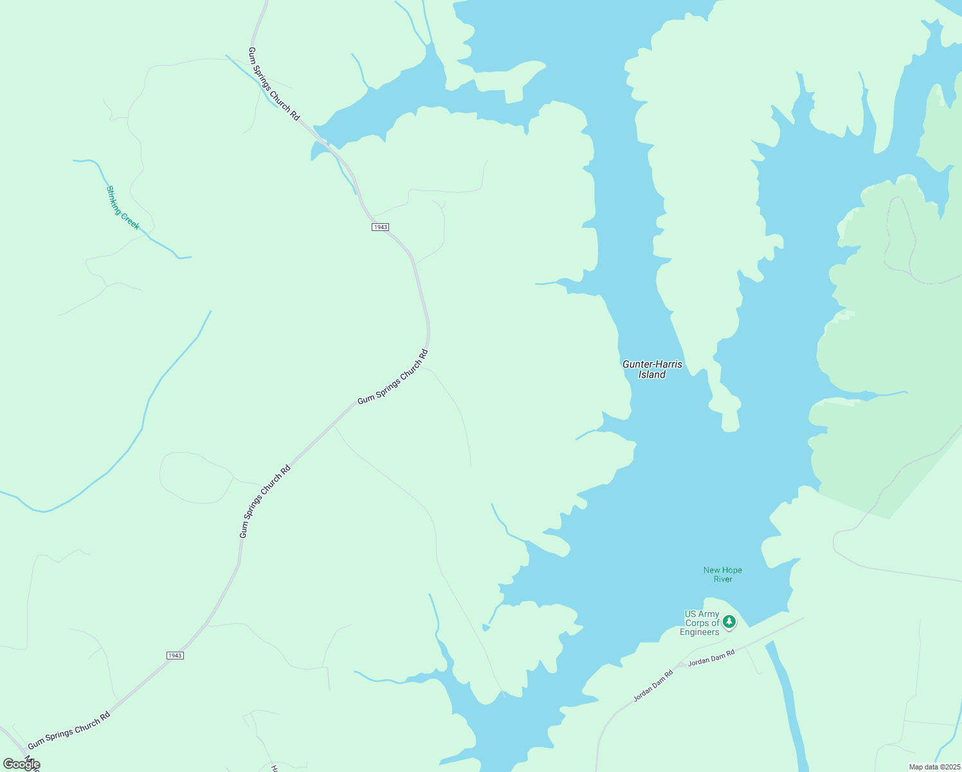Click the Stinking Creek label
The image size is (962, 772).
pyautogui.click(x=122, y=207)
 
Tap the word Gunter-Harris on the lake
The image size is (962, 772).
pyautogui.click(x=652, y=364)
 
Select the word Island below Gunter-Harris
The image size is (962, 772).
pyautogui.click(x=651, y=374)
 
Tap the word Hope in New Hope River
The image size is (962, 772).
pyautogui.click(x=732, y=570)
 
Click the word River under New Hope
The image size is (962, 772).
pyautogui.click(x=723, y=579)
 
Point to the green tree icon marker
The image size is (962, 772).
pyautogui.click(x=729, y=621)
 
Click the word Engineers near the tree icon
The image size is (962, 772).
pyautogui.click(x=699, y=632)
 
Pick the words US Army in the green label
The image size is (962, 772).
pyautogui.click(x=702, y=614)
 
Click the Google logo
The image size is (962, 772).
pyautogui.click(x=21, y=764)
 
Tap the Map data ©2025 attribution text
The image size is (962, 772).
pyautogui.click(x=934, y=767)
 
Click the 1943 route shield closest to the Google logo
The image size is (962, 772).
pyautogui.click(x=175, y=656)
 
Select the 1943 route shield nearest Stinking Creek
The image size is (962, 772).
pyautogui.click(x=380, y=227)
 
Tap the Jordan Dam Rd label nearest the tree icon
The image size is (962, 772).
pyautogui.click(x=711, y=657)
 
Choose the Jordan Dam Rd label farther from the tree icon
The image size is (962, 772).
pyautogui.click(x=653, y=686)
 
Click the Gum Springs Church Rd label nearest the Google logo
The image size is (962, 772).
pyautogui.click(x=69, y=730)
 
